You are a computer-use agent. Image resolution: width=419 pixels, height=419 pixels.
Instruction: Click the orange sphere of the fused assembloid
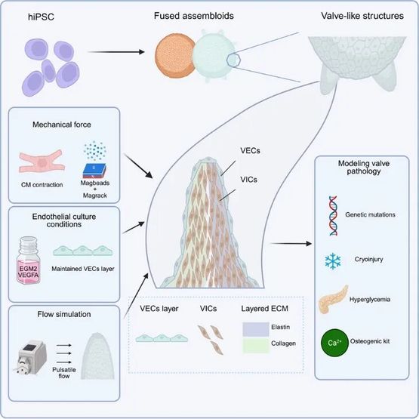coord(175,56)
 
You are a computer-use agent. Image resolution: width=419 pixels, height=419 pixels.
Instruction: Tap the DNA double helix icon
coord(333,215)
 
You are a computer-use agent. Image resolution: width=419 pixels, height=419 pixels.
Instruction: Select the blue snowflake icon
coord(333,260)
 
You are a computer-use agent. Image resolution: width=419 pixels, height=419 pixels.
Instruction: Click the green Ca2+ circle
coord(334,343)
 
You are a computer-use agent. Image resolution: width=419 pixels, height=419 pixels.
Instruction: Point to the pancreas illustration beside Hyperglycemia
coord(333,299)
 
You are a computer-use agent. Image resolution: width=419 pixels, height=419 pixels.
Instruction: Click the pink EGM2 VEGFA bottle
coord(29,260)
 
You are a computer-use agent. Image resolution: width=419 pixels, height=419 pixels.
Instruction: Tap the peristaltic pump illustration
coord(31,357)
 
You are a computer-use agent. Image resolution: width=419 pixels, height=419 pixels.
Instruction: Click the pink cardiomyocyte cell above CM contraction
coord(42,161)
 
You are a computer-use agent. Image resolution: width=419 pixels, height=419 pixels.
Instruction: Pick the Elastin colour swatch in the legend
coord(256,329)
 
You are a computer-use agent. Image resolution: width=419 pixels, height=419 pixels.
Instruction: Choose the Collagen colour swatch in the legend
coord(256,346)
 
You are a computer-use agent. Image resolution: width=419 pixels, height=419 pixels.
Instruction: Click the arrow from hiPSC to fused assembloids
coord(116,51)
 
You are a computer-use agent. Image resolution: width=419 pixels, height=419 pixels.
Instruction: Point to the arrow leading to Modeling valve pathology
coord(291,243)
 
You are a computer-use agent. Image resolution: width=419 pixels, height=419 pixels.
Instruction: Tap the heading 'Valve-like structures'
coord(362,16)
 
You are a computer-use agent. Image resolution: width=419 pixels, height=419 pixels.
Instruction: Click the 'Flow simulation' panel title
coord(64,314)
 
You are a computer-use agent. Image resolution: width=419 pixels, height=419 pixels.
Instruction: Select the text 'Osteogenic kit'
coord(370,341)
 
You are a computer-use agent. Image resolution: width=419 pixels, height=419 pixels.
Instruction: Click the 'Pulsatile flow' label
coord(64,373)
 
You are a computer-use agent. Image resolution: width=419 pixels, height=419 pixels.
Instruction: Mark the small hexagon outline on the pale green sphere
coord(233,60)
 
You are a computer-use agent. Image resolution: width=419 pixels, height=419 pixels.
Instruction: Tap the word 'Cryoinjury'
coord(368,259)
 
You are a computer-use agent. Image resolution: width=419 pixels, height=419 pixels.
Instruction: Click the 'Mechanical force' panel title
coord(62,125)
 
